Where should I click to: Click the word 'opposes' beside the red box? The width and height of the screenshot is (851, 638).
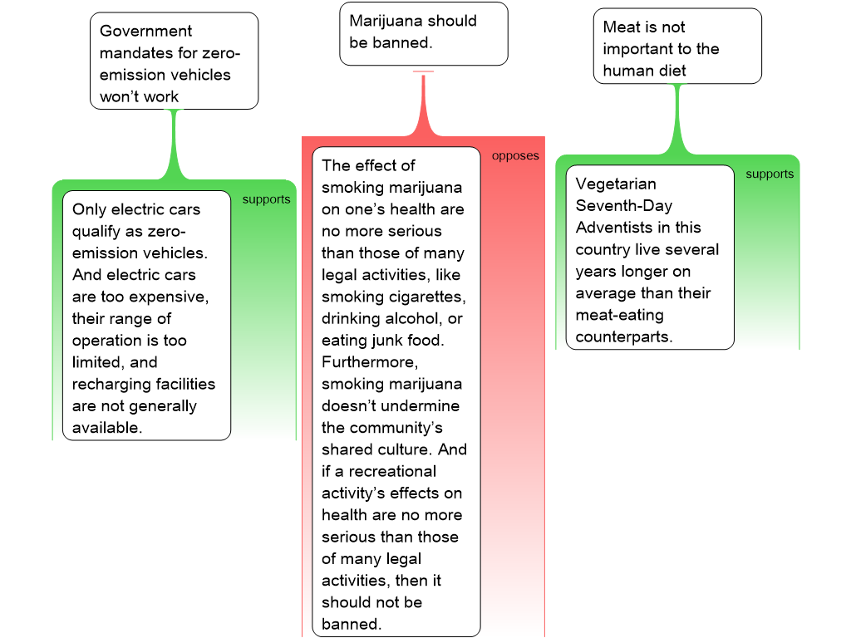(x=515, y=155)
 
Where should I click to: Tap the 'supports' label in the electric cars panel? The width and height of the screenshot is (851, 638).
(x=266, y=199)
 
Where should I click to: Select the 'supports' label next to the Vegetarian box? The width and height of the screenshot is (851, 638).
(x=770, y=174)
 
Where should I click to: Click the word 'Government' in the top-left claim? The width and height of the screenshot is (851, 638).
(x=145, y=31)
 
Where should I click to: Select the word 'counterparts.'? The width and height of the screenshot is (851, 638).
(x=624, y=337)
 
